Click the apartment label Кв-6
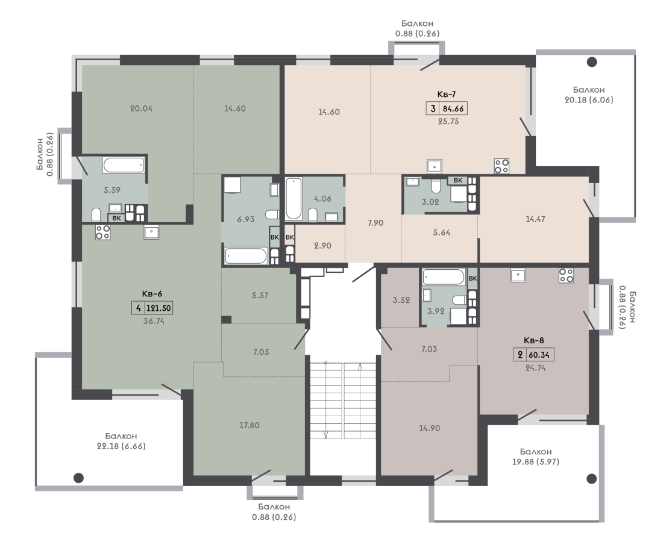pos(152,294)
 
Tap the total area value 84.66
pos(453,108)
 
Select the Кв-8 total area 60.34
pos(539,355)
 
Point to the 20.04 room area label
pos(142,109)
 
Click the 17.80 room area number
pos(250,426)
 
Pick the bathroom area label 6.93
pos(246,219)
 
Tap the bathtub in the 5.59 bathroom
pos(124,165)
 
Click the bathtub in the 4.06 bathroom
pos(294,199)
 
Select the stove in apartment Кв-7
pos(502,166)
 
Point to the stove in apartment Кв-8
pos(566,275)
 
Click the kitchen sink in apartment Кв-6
pos(152,232)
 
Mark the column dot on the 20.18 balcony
pos(592,62)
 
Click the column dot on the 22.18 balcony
pos(78,478)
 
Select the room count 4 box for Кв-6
pos(138,308)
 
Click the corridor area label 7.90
pos(375,223)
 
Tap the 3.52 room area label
pos(401,301)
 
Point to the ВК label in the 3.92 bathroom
pos(473,278)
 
